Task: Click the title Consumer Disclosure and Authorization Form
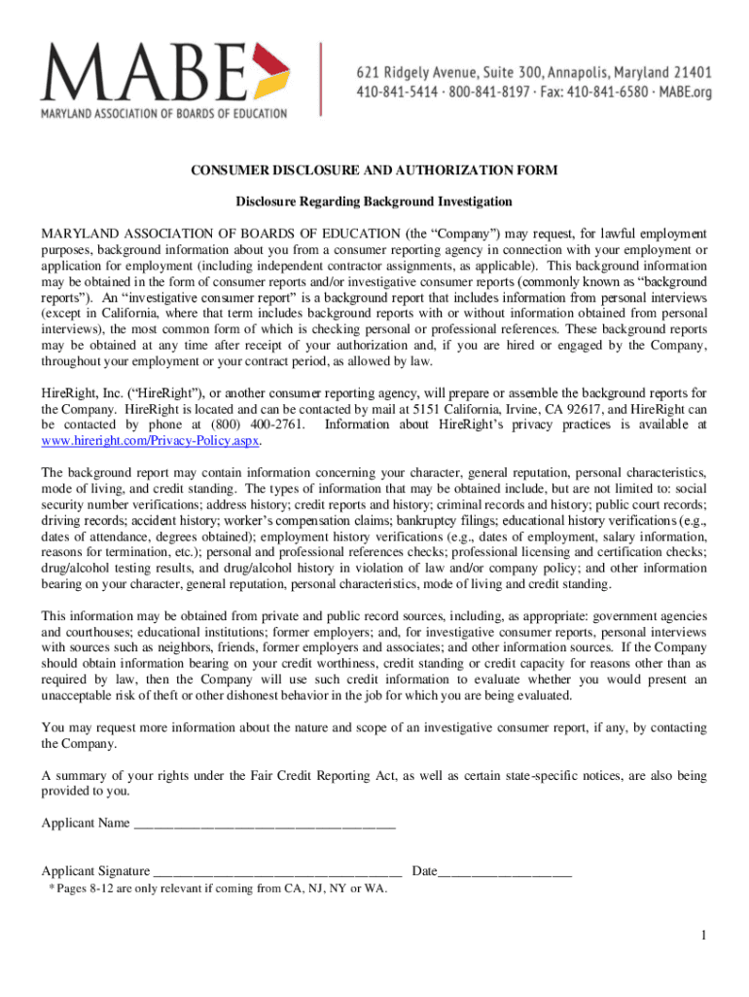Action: click(374, 170)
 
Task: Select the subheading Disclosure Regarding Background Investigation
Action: click(374, 202)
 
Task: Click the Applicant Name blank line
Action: click(264, 825)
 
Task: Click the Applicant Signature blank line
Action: click(277, 871)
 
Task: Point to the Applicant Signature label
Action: click(95, 870)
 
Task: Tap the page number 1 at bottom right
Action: click(701, 936)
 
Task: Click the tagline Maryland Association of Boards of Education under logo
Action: click(163, 113)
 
